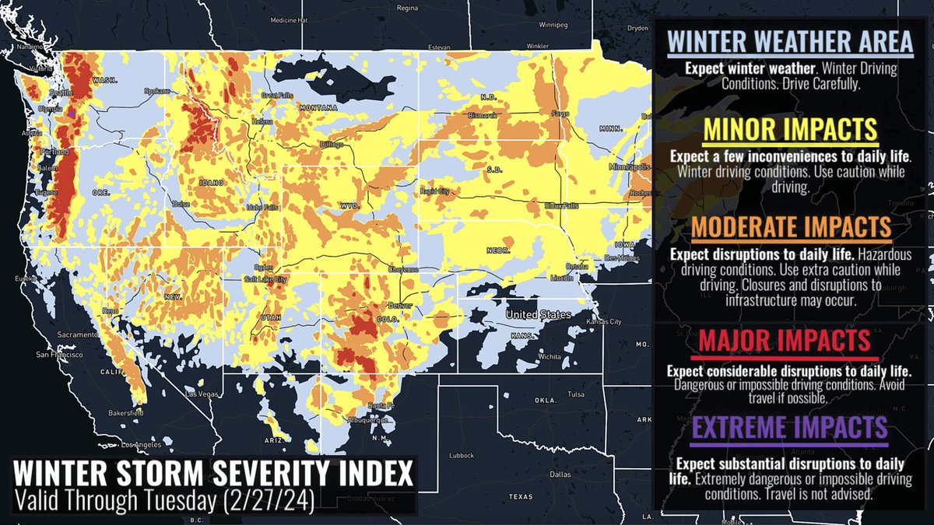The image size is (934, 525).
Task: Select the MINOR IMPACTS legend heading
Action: (x=790, y=129)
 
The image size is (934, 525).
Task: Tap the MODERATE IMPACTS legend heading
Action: (x=790, y=227)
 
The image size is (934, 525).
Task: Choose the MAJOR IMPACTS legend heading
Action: (x=784, y=341)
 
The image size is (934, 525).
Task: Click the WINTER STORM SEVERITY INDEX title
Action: (x=210, y=473)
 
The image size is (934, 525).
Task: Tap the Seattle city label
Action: (x=54, y=94)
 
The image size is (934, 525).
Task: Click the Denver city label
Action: (x=399, y=306)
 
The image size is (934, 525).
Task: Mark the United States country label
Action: (x=537, y=314)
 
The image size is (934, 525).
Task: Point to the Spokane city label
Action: (x=156, y=91)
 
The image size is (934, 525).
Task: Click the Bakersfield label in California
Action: (x=125, y=413)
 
